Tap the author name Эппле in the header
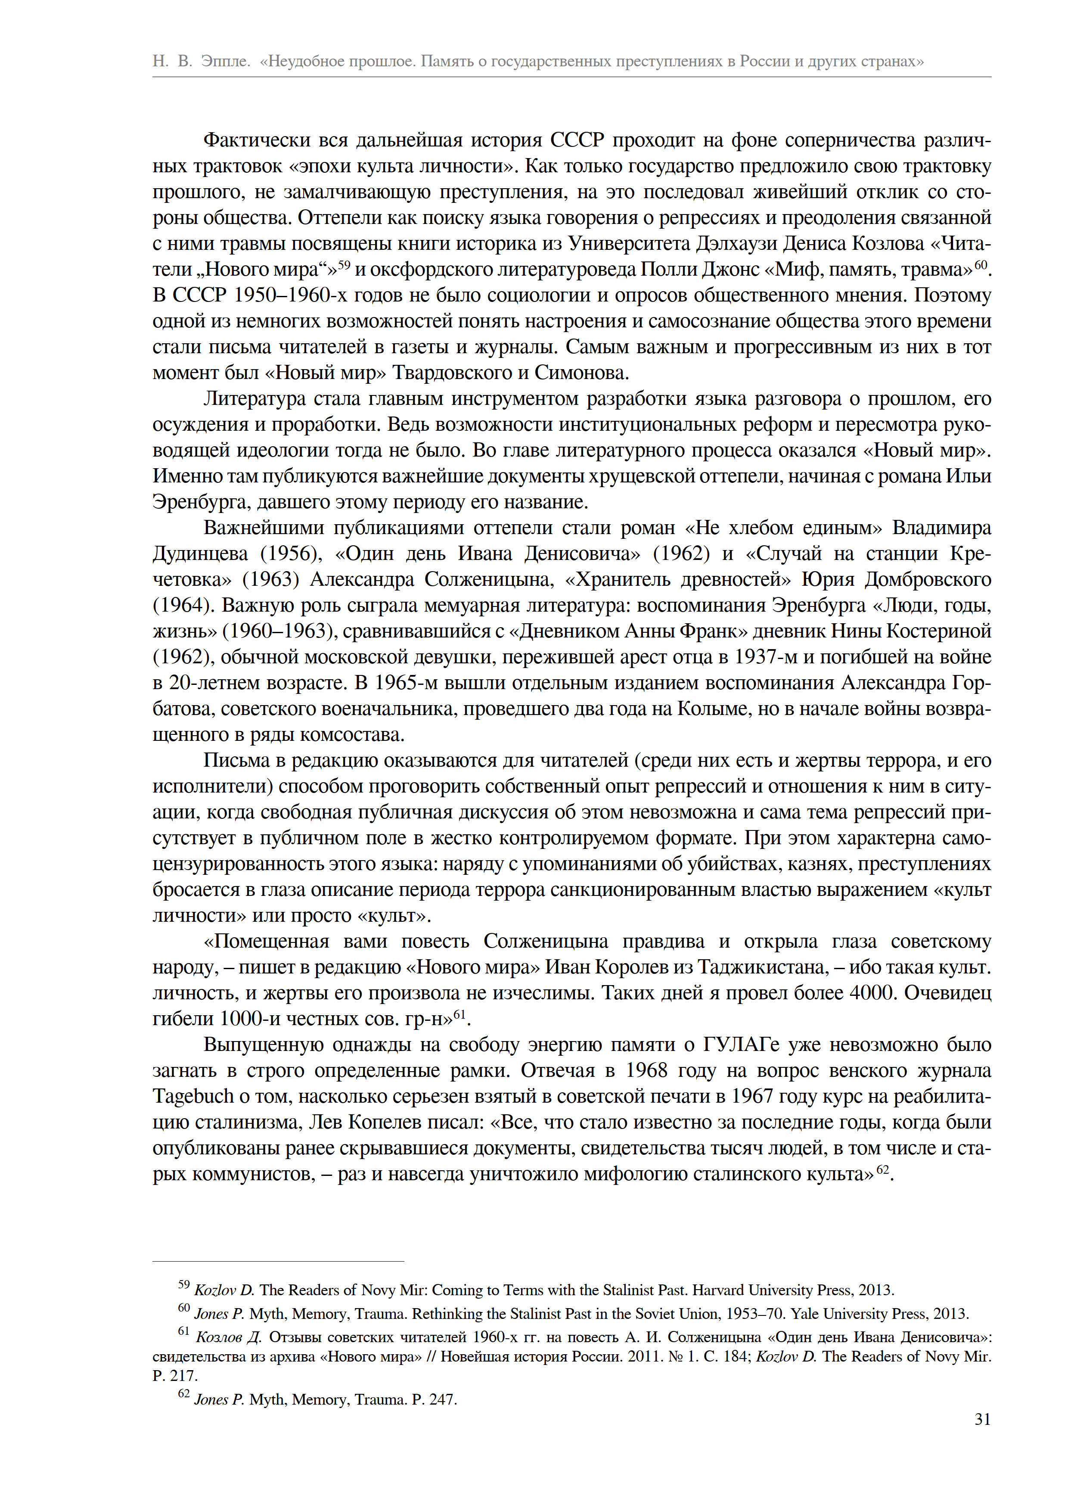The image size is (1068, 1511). (226, 61)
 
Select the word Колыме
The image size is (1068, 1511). (714, 709)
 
